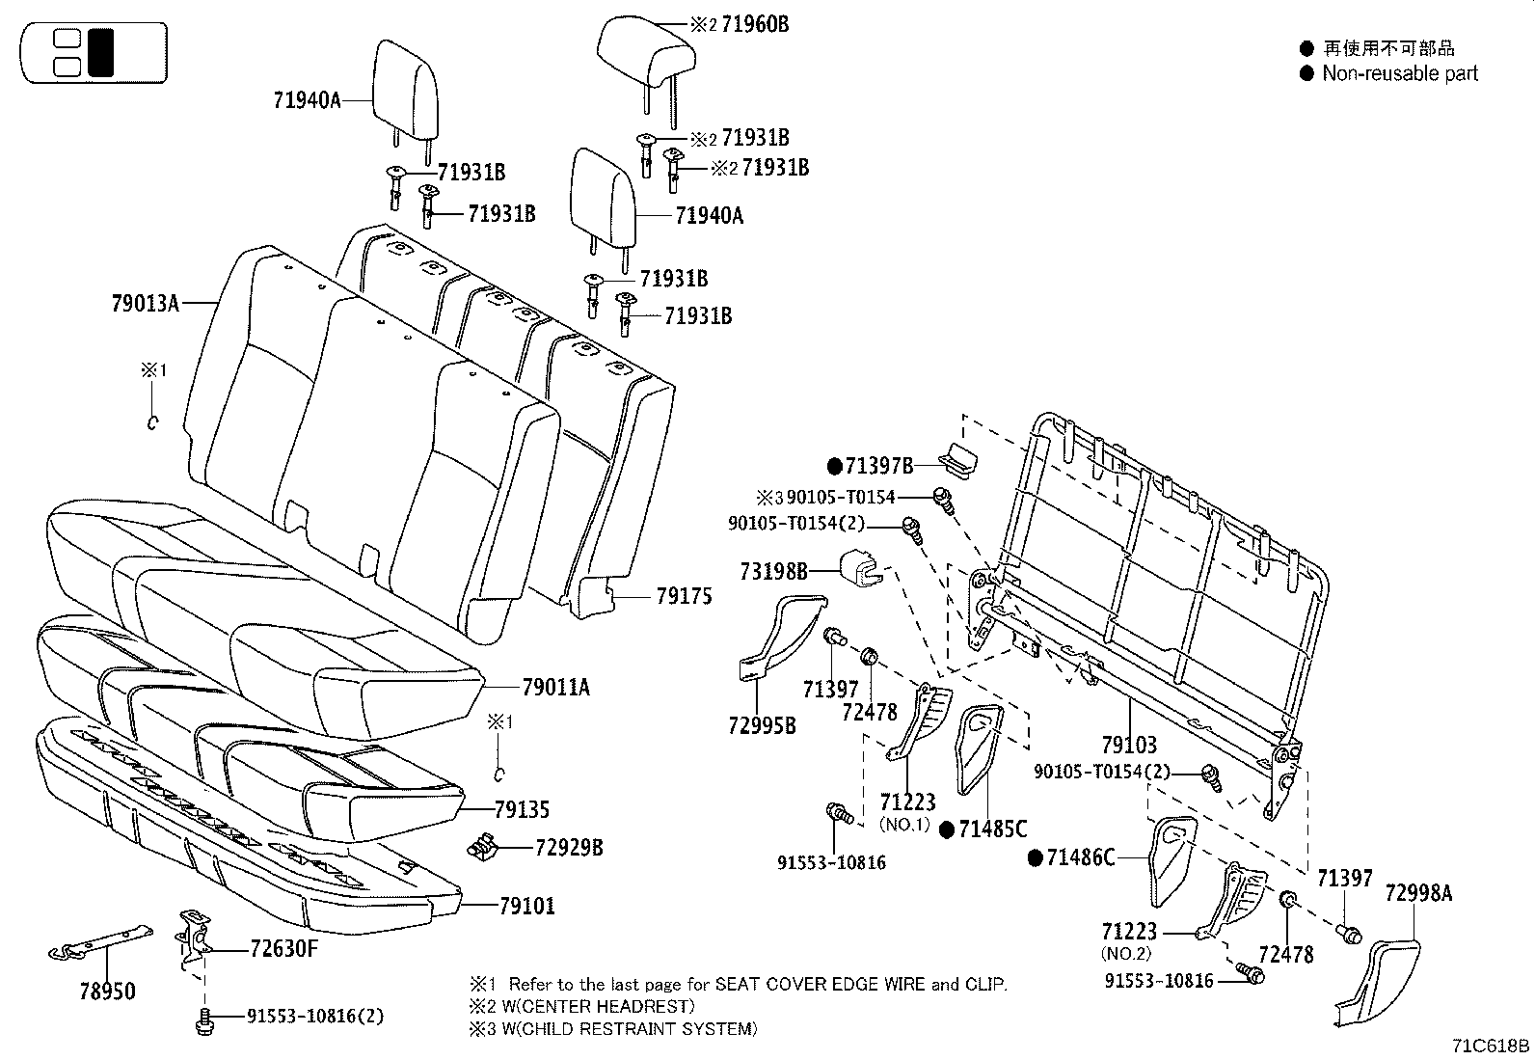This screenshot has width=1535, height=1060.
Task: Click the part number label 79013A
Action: click(x=145, y=304)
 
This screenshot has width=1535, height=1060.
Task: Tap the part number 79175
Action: click(x=684, y=596)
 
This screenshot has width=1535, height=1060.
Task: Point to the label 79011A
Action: click(x=555, y=688)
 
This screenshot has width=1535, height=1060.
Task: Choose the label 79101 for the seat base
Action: click(x=526, y=906)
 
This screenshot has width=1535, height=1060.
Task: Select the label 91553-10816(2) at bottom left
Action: click(x=302, y=1015)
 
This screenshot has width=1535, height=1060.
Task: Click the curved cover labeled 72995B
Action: click(x=781, y=637)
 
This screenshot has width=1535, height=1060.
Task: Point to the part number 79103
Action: click(x=1129, y=745)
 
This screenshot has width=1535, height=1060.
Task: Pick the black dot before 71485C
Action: click(x=947, y=829)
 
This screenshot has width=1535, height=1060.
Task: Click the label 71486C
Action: click(x=1081, y=856)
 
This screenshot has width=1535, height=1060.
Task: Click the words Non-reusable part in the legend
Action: click(x=1399, y=73)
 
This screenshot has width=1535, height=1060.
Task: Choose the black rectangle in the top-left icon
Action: click(x=100, y=52)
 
